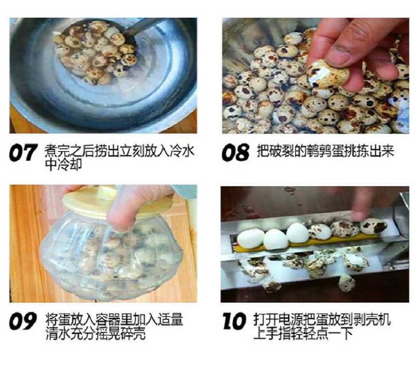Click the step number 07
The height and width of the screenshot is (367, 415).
coord(23,152)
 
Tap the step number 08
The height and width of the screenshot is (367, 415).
coord(236,152)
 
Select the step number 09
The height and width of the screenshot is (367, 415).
coord(22,321)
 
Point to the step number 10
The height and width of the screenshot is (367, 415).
coord(234,321)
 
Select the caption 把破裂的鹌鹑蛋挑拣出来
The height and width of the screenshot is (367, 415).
coord(326,151)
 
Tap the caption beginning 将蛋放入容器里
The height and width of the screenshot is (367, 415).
coord(114,326)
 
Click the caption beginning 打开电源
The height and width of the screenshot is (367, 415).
coord(322,326)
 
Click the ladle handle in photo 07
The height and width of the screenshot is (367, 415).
coord(144,26)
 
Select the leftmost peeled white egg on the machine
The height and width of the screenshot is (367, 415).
coord(251,239)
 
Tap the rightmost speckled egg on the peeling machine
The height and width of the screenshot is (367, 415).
coord(374,226)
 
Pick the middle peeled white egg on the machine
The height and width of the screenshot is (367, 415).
coord(275,240)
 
